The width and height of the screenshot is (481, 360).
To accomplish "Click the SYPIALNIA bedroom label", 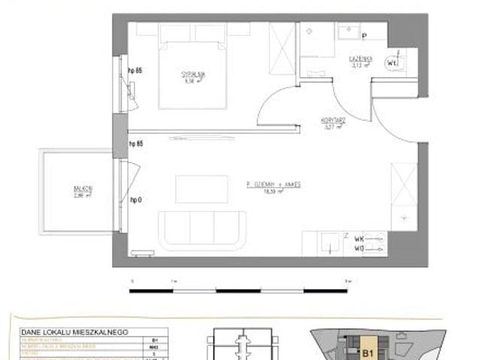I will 192,74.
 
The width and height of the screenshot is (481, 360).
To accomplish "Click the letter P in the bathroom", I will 363,35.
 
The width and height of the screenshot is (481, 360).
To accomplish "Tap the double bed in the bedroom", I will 191,71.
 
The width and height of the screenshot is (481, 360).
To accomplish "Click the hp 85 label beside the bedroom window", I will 135,71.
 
